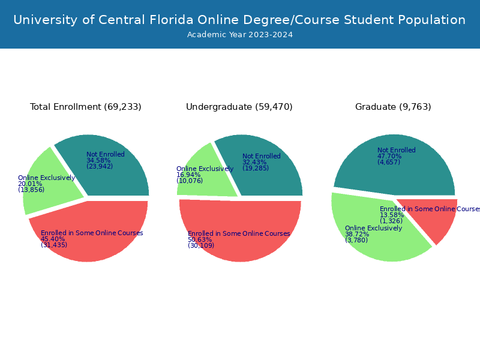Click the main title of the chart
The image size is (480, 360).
(x=239, y=20)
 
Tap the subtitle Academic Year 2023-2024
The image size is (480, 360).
(x=239, y=35)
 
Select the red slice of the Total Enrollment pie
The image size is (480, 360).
(x=90, y=246)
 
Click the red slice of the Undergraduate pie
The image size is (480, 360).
(x=240, y=246)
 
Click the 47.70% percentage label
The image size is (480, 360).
(x=389, y=156)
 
